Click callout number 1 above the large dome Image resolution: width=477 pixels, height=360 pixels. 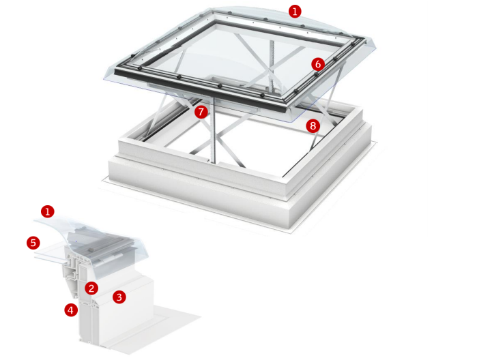click(x=295, y=12)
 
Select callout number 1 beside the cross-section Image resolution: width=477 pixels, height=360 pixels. click(x=48, y=211)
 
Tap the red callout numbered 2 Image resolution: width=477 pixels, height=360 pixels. click(x=91, y=288)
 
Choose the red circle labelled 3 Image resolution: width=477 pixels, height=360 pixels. click(x=119, y=297)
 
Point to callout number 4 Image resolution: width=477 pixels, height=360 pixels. click(x=71, y=310)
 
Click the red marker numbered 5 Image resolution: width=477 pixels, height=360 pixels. click(x=33, y=243)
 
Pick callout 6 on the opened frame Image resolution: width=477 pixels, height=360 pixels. click(x=318, y=64)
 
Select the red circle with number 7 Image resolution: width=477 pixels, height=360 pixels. click(x=201, y=112)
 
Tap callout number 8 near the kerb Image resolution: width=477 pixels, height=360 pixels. click(x=313, y=126)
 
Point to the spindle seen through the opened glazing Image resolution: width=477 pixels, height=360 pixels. click(x=272, y=64)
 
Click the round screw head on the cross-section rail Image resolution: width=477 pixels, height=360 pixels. click(x=90, y=250)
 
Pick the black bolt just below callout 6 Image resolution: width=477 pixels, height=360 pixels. click(x=317, y=74)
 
